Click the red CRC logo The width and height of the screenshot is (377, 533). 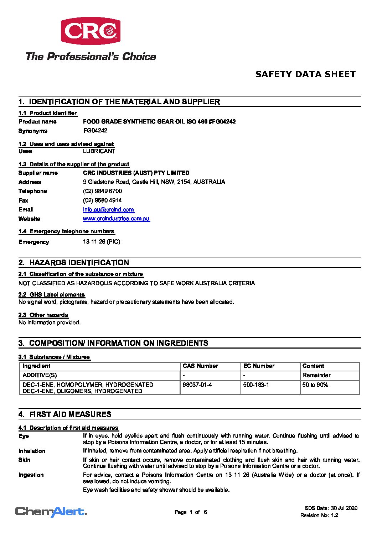point(91,31)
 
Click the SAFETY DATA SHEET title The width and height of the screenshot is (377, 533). point(305,74)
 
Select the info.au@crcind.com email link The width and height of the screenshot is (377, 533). point(108,210)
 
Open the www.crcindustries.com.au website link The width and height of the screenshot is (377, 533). point(116,219)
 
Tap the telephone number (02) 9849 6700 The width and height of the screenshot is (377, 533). point(102,191)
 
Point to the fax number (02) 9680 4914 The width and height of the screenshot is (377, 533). point(102,200)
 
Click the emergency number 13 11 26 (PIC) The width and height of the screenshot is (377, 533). point(102,242)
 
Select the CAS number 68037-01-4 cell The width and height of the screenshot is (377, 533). point(197,385)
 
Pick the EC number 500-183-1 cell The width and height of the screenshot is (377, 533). point(256,385)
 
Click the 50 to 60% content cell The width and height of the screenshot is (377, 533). point(315,385)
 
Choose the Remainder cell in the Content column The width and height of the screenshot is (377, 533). point(316,375)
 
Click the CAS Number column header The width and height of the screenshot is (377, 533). point(200,366)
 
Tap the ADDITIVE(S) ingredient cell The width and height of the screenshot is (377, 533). point(40,375)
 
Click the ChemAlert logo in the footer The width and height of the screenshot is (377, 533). point(51,512)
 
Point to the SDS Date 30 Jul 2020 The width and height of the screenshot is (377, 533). point(331,508)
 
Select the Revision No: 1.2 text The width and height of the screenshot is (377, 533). point(319,515)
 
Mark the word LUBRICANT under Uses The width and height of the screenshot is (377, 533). point(99,151)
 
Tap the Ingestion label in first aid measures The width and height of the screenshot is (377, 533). point(31,475)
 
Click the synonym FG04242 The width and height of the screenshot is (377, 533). point(95,131)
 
